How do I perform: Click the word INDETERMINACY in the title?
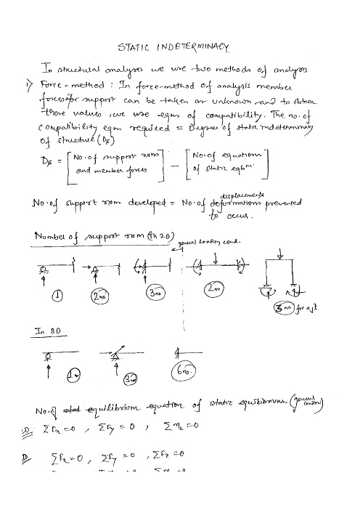[193, 48]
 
